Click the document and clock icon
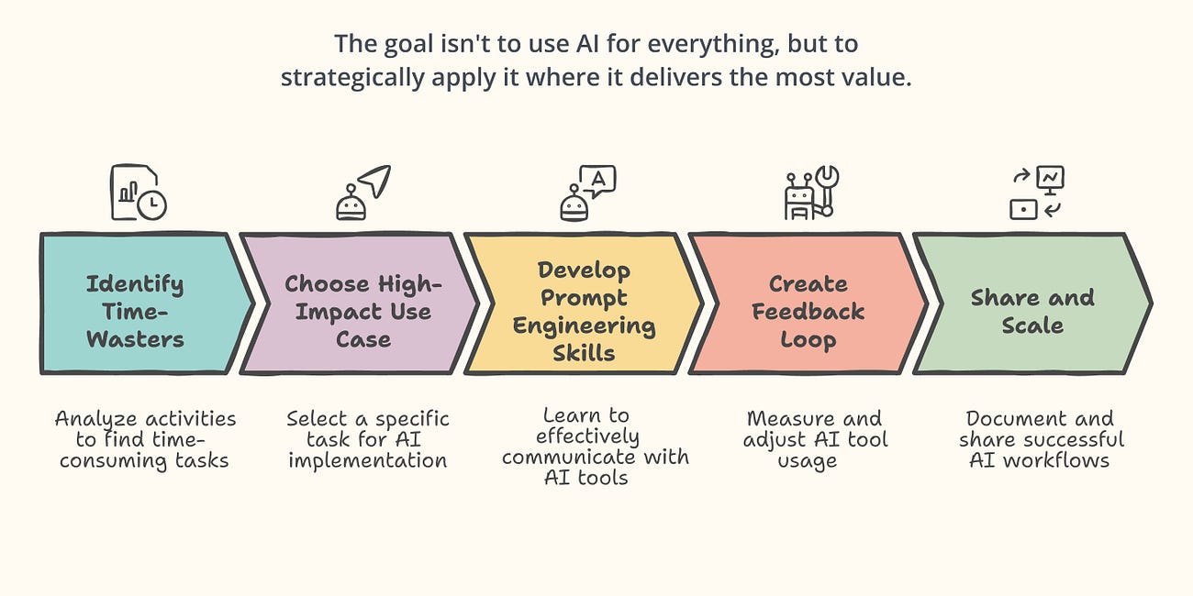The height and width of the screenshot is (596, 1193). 139,193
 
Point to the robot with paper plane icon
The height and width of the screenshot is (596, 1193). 362,193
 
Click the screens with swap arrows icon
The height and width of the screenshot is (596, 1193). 1036,193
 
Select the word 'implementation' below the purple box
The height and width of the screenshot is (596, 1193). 367,460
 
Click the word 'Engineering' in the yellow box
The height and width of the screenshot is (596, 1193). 584,326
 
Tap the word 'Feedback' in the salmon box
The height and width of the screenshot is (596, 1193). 808,312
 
